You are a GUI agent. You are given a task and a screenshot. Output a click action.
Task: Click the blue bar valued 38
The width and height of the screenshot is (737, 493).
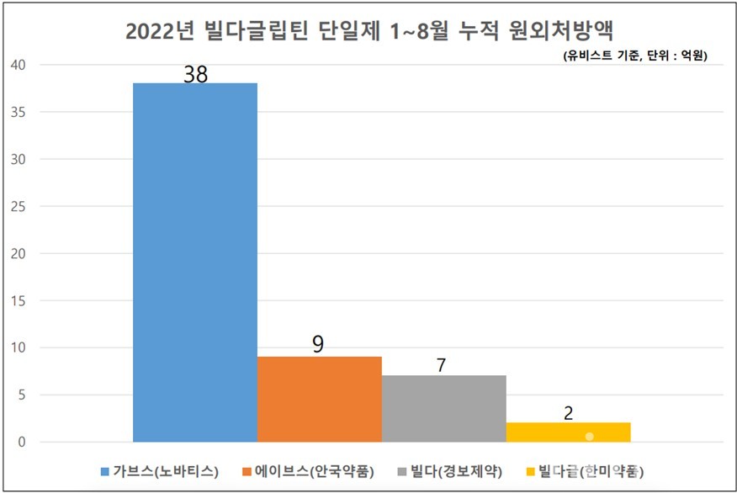pos(194,262)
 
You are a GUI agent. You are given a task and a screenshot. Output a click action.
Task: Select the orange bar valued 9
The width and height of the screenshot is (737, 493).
pos(319,399)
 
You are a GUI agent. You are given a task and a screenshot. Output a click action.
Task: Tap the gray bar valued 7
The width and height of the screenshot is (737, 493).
pos(443,408)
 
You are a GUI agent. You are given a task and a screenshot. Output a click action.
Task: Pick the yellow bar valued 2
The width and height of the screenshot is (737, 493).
pos(568,432)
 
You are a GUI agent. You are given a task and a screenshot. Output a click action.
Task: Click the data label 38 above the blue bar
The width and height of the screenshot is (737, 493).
pos(195,74)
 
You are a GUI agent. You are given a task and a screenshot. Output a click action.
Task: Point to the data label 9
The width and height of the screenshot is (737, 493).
pos(318,343)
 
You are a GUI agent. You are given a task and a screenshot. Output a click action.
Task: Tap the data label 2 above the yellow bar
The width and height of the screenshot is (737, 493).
pos(568,413)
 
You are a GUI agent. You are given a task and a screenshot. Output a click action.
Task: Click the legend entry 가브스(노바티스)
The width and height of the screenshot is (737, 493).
pos(165,471)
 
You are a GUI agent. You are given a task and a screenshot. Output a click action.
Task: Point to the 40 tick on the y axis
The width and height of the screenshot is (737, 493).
pos(19,65)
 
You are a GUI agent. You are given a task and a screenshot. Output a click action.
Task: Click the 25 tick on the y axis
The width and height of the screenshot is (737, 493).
pos(19,206)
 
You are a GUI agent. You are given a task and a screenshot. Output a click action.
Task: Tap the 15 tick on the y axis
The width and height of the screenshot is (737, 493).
pos(19,300)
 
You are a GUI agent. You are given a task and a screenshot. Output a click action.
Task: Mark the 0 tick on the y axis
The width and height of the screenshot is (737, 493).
pos(23,442)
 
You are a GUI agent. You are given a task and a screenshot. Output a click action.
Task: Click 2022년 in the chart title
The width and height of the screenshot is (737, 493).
pos(159,32)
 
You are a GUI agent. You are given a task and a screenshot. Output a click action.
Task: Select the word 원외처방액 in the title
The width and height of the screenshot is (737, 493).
pos(561,32)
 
